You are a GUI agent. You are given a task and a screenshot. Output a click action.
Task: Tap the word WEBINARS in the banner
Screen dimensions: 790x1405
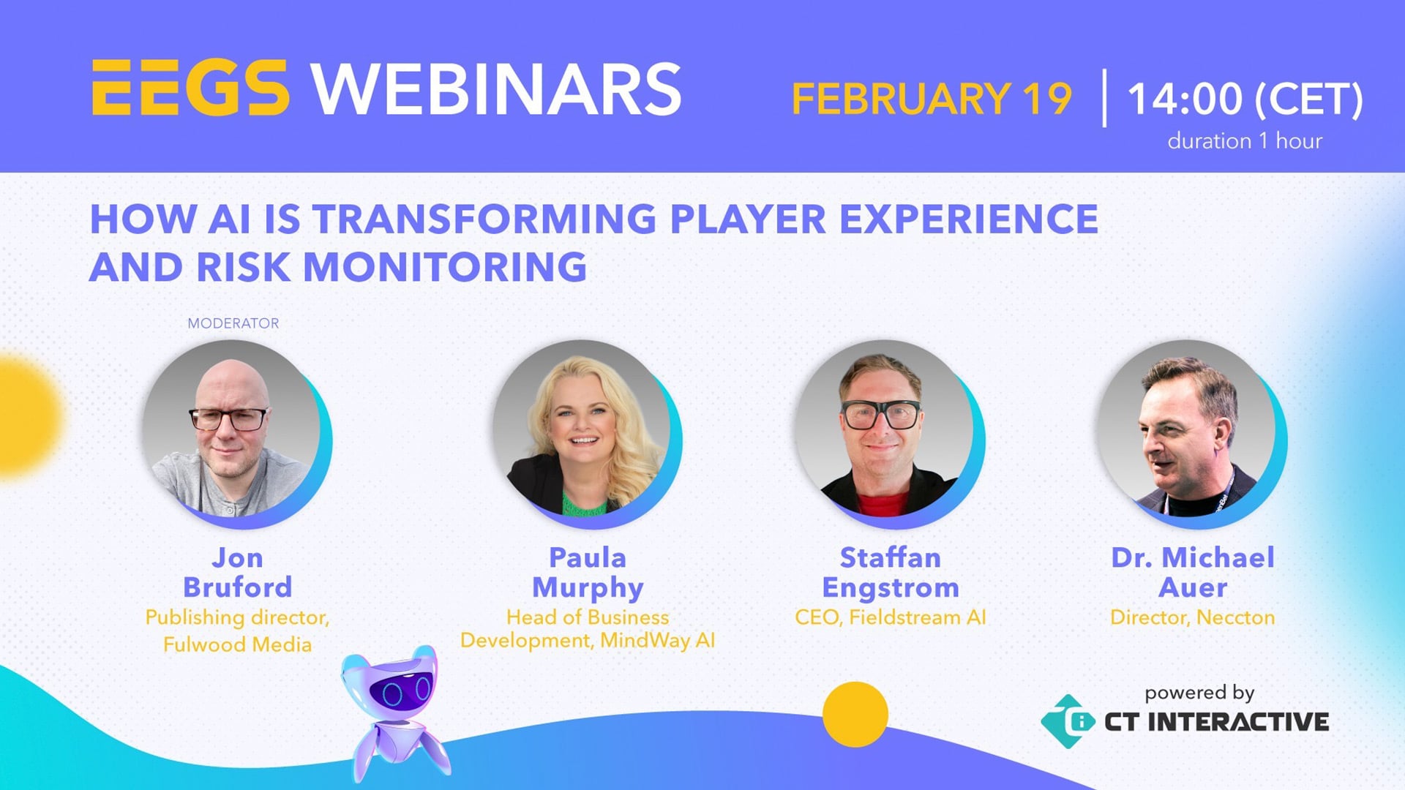click(x=497, y=89)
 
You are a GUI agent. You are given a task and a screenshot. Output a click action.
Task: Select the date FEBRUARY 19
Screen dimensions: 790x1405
click(x=932, y=99)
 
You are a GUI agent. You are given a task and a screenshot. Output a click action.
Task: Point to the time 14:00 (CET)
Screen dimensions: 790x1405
click(x=1245, y=99)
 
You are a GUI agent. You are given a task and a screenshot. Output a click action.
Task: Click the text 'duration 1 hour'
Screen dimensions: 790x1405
click(x=1245, y=140)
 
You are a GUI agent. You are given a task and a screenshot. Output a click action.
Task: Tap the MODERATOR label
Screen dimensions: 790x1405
click(x=233, y=323)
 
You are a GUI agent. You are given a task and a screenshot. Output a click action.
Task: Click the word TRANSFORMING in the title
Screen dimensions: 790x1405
click(x=484, y=219)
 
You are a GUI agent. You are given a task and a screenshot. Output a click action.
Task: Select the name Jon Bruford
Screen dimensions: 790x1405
click(x=237, y=573)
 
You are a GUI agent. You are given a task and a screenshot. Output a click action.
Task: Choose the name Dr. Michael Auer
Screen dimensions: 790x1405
click(x=1193, y=573)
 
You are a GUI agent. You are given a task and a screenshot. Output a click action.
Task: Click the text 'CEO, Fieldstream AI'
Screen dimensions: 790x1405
click(x=891, y=617)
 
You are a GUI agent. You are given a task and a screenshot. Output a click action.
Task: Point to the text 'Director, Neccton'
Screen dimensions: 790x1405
click(x=1193, y=617)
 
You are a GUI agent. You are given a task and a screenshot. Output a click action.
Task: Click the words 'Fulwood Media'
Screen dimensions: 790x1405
click(x=237, y=644)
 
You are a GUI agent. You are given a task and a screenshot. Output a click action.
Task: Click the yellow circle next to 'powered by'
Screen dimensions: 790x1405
click(x=855, y=714)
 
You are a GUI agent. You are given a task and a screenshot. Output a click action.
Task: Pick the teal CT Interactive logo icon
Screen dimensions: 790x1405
click(x=1068, y=721)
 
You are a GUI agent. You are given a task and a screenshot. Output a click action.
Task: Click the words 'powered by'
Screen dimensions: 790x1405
click(x=1199, y=692)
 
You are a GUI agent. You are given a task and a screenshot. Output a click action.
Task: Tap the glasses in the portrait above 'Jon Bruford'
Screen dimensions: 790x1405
click(x=228, y=419)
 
